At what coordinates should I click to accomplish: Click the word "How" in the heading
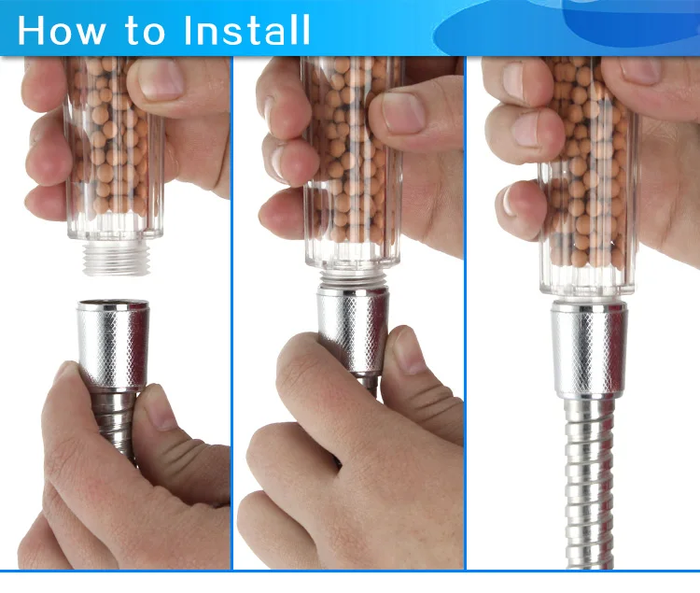(62, 30)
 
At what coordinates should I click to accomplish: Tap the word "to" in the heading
(145, 31)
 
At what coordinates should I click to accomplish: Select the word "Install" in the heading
(246, 30)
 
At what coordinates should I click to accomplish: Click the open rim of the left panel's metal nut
(113, 305)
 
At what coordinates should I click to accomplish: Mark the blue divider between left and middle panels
(231, 313)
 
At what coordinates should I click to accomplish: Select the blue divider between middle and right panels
(465, 313)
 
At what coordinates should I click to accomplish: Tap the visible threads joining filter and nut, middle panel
(353, 280)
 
